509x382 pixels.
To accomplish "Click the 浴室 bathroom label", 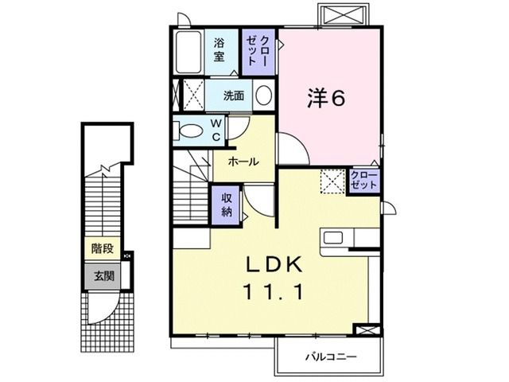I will click(219, 51).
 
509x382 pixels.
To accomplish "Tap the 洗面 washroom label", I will click(233, 96).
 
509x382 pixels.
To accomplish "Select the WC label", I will click(215, 131).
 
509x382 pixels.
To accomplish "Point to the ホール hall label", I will click(243, 162).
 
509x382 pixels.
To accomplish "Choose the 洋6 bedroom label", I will click(326, 97).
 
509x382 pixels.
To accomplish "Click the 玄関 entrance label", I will click(102, 276).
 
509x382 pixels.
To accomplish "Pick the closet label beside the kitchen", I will click(363, 181).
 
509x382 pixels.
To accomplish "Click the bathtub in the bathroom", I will click(189, 53).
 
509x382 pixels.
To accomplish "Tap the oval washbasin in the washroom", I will click(264, 96).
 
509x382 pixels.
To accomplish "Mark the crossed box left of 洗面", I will click(191, 95).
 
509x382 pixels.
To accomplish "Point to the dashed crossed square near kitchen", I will click(331, 181).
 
